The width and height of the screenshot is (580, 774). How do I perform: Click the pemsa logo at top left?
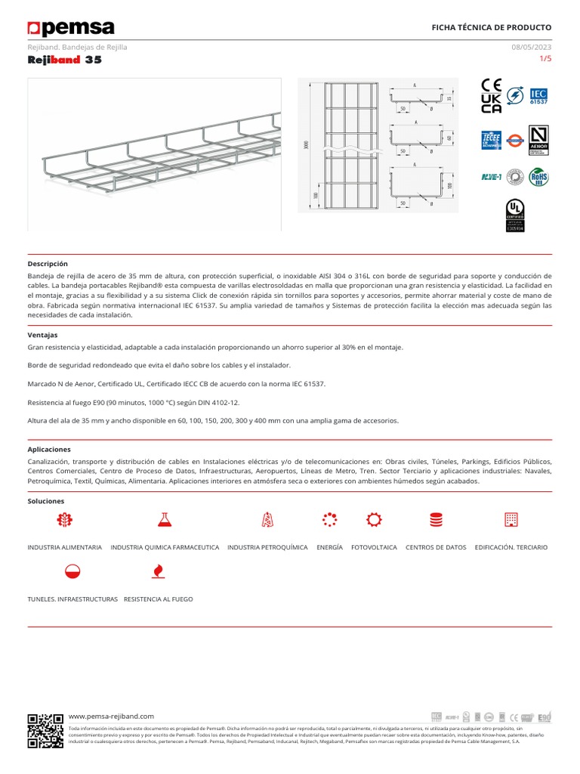(71, 29)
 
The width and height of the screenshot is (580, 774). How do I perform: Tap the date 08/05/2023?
(532, 47)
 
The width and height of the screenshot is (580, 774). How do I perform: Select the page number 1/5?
(545, 58)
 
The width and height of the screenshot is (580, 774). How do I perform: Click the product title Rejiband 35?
(64, 60)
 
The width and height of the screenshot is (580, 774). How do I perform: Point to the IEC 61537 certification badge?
(538, 95)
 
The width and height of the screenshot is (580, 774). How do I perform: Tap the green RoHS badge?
(538, 177)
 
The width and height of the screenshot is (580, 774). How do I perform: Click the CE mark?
(491, 85)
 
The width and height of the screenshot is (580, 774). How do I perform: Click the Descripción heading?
(48, 264)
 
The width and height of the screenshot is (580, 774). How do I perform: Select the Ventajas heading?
(42, 335)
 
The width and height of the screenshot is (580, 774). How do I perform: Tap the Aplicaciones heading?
(49, 449)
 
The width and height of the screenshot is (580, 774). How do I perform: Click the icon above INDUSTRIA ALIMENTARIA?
(64, 519)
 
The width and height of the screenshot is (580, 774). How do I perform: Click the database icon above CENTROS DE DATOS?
(436, 519)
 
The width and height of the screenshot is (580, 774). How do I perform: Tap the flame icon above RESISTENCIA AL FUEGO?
(158, 571)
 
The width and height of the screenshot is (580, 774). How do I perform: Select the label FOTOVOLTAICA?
(374, 546)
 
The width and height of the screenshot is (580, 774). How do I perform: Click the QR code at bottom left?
(45, 730)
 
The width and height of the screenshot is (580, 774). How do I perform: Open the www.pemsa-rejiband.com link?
(111, 716)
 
